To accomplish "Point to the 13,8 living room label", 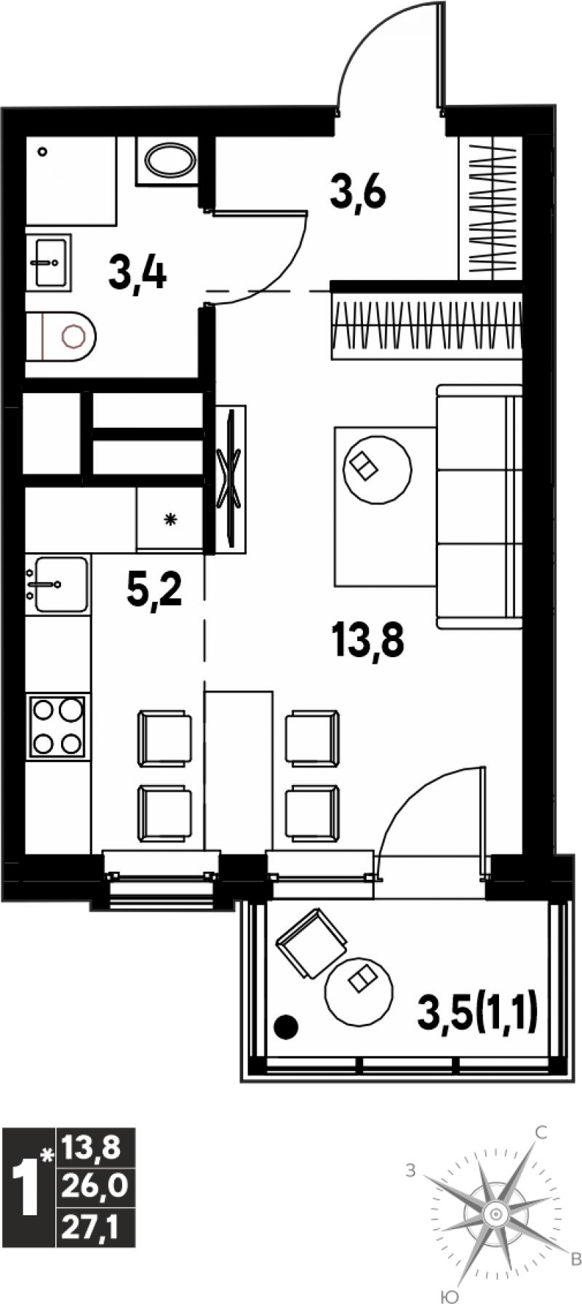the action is (367, 640).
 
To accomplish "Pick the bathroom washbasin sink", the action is (49, 261).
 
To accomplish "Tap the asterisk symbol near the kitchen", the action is (171, 520).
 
